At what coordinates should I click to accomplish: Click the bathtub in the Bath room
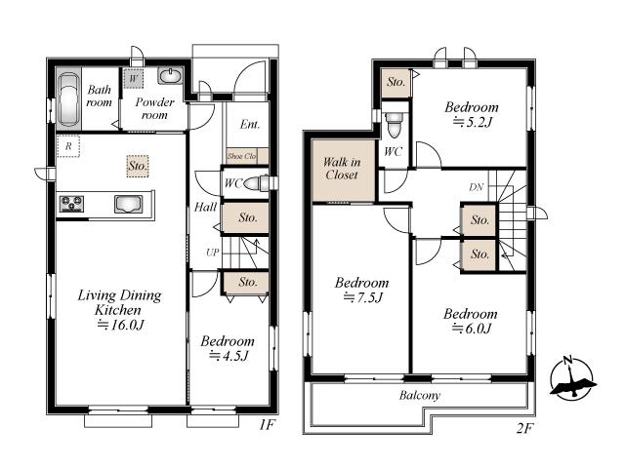68,98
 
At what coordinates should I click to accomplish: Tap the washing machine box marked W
133,78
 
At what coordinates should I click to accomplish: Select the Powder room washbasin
171,75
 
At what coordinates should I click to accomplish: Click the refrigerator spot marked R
68,146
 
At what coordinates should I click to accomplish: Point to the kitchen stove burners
71,204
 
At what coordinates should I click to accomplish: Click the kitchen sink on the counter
128,204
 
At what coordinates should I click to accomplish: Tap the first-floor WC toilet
256,183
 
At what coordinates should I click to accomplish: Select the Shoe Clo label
241,156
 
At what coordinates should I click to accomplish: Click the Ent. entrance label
250,125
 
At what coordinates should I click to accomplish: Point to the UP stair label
213,253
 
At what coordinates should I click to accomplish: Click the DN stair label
476,187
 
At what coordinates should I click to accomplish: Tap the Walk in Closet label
342,169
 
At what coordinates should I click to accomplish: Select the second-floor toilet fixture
395,124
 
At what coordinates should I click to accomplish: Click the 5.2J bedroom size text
473,122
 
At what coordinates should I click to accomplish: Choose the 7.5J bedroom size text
363,297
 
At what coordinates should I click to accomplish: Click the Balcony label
420,395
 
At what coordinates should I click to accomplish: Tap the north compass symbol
572,378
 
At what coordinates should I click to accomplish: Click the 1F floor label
267,425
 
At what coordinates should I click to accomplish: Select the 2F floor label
524,428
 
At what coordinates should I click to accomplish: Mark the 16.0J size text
120,325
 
